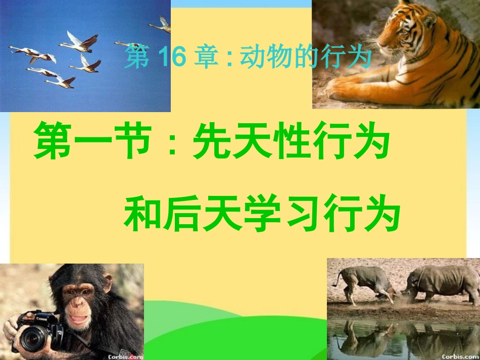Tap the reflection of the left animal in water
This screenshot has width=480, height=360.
[x=364, y=336]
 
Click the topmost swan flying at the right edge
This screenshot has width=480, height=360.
[x=161, y=25]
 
